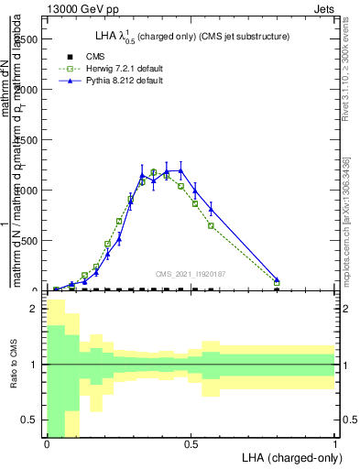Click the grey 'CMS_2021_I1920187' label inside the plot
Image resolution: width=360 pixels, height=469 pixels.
point(191,273)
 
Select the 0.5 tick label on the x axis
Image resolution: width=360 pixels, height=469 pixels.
point(191,443)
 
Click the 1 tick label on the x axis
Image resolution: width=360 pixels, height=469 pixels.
point(335,443)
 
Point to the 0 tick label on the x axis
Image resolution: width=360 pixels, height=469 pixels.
point(47,443)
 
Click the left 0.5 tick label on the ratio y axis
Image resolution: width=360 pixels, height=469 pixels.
point(30,420)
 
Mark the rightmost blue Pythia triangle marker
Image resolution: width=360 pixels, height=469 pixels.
point(277,279)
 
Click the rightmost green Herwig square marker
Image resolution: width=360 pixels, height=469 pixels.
point(277,283)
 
